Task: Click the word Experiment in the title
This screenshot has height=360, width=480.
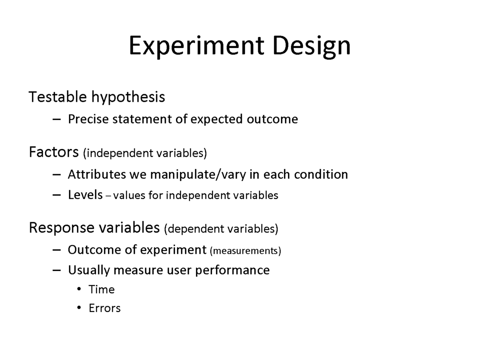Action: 196,46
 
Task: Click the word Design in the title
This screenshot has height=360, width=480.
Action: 311,46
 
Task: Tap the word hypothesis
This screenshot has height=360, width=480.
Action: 128,97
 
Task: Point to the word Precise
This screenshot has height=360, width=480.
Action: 88,119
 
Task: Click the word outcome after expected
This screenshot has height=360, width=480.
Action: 272,120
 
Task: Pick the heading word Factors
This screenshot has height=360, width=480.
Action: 54,152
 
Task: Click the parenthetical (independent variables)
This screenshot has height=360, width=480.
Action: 145,153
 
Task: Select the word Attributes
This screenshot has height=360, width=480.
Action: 97,174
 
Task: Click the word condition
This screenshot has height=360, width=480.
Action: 321,175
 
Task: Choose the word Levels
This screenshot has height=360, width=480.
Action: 85,195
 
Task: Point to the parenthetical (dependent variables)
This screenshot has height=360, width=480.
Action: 221,229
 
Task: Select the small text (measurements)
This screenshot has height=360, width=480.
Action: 245,251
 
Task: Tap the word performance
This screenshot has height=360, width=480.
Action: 232,271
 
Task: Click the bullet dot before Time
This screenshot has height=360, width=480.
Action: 79,289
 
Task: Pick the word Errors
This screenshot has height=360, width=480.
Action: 105,308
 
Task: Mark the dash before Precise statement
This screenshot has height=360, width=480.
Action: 56,119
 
